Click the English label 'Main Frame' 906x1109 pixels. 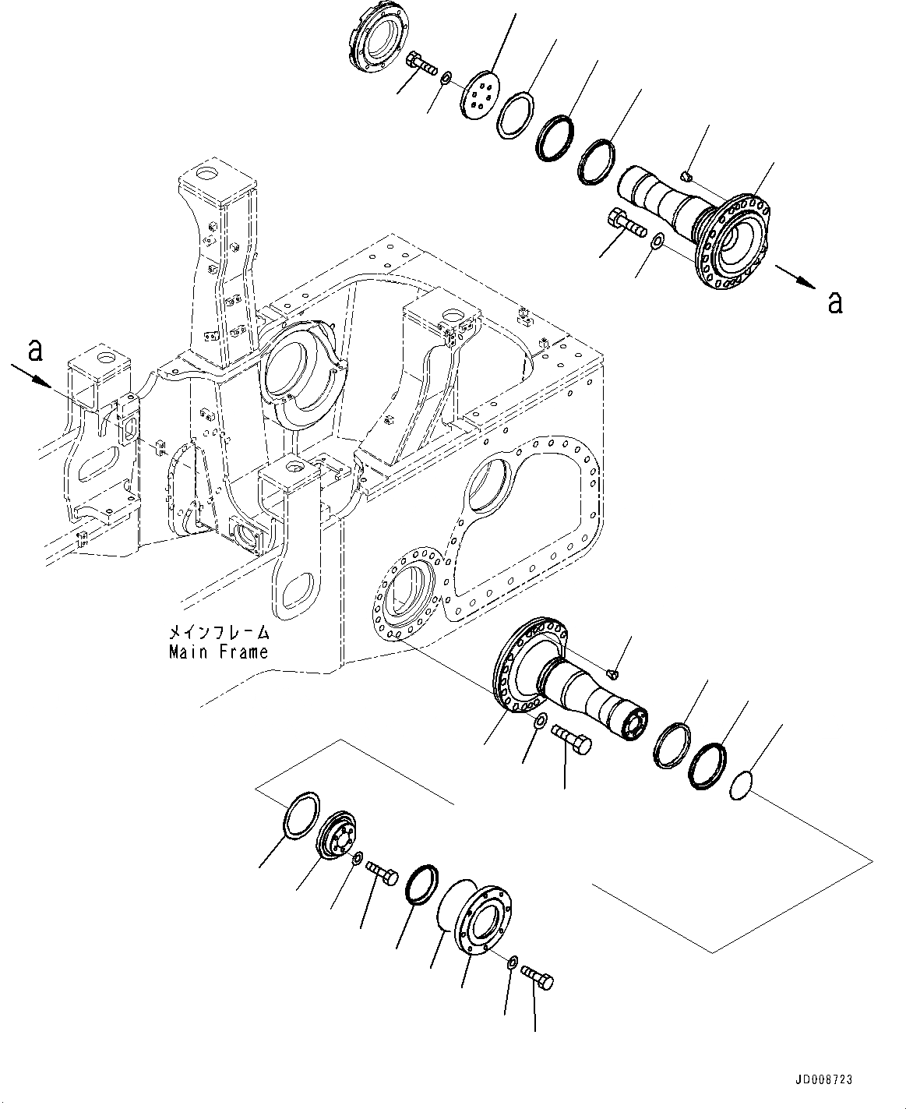[x=218, y=652]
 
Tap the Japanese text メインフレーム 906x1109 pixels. [x=219, y=632]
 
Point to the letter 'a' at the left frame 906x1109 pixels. [x=34, y=352]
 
